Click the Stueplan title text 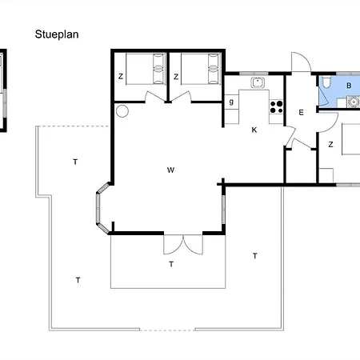pos(57,34)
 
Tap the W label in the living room pos(170,170)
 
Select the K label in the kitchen pos(254,130)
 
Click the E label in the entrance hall pos(301,113)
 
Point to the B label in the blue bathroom pos(349,86)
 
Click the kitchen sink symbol pos(258,82)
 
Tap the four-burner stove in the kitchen pos(276,107)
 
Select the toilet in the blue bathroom pos(326,82)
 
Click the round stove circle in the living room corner pos(122,111)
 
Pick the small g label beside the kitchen pos(231,102)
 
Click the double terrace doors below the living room pos(183,245)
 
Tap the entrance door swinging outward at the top pos(301,62)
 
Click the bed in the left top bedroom pos(146,69)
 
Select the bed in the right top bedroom pos(201,69)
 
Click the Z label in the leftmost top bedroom pos(121,77)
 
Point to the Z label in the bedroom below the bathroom pos(330,145)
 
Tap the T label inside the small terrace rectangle pos(171,264)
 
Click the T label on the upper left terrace pos(75,162)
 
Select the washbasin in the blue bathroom pos(354,102)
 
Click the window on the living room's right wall pos(223,210)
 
